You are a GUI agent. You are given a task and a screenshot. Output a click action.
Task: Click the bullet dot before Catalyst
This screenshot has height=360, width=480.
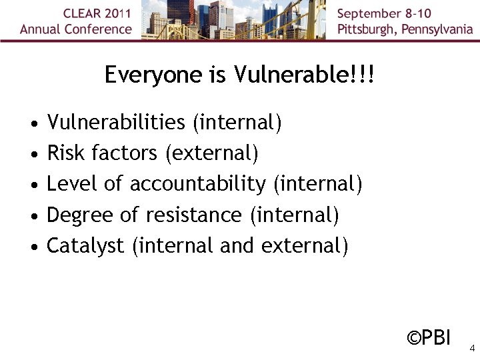33,247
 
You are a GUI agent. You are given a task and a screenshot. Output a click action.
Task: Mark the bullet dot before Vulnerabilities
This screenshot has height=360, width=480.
33,124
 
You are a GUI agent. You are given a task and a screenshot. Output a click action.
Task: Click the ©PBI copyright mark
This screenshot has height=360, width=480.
429,338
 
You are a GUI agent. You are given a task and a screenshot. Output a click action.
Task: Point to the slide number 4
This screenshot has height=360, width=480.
471,348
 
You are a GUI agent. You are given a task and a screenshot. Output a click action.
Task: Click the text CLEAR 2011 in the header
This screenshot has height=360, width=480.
98,13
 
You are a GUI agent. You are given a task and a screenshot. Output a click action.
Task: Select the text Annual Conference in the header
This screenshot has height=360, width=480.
76,29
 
